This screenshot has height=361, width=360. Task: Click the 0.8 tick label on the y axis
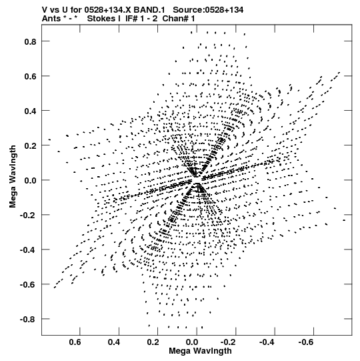[x=31, y=41]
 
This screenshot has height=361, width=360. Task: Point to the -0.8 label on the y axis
[x=28, y=320]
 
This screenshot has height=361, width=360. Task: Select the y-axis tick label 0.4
[x=31, y=111]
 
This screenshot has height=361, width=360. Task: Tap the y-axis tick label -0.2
[x=28, y=216]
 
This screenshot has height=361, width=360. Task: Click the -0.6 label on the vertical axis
[x=28, y=285]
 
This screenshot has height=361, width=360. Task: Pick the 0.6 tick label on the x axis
[x=75, y=342]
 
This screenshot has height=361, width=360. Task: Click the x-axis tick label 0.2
[x=153, y=342]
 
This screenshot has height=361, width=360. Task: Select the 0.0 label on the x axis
[x=192, y=342]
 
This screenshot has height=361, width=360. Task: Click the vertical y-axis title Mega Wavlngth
[x=13, y=177]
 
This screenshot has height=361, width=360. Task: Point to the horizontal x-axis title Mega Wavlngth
[x=201, y=351]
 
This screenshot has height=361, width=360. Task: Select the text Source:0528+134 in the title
[x=208, y=10]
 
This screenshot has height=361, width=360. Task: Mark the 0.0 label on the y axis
[x=31, y=181]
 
